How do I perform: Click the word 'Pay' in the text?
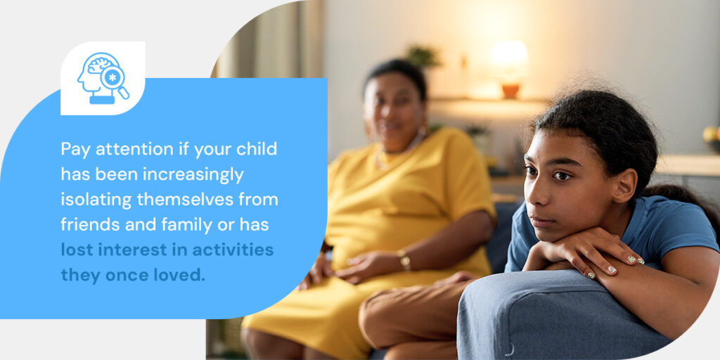pos(75,150)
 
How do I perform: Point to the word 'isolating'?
pos(95,200)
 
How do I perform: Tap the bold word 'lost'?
pos(75,250)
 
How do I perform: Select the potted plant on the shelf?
pos(423,56)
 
